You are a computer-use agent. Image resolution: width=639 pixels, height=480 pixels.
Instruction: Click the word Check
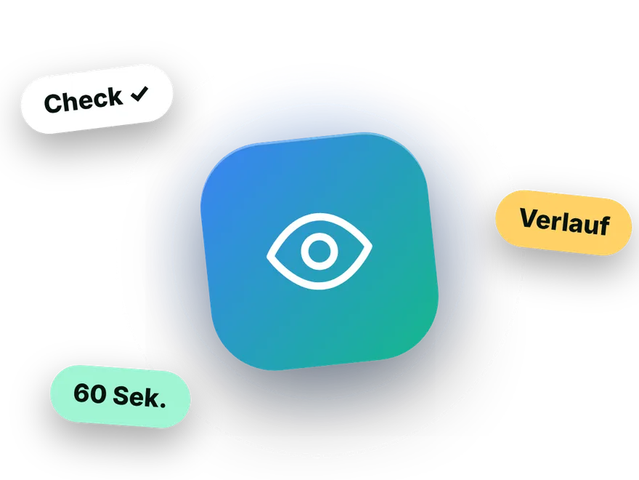pyautogui.click(x=84, y=100)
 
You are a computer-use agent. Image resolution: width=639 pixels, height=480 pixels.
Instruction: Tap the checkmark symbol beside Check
pyautogui.click(x=139, y=94)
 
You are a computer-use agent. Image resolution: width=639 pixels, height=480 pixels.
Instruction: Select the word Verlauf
pyautogui.click(x=565, y=222)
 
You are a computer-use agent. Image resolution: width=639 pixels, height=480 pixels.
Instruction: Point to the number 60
pyautogui.click(x=90, y=393)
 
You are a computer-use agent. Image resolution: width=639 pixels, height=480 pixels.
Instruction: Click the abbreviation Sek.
pyautogui.click(x=139, y=396)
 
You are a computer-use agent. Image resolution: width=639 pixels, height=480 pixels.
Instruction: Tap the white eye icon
pyautogui.click(x=319, y=251)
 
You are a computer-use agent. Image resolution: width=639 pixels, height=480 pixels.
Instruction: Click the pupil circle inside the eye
pyautogui.click(x=319, y=251)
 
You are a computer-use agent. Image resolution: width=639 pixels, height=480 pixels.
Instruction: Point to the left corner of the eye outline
pyautogui.click(x=267, y=256)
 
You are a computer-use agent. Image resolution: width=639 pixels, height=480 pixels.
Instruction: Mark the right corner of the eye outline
pyautogui.click(x=372, y=246)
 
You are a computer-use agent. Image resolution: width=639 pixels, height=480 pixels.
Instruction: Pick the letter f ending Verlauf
pyautogui.click(x=604, y=225)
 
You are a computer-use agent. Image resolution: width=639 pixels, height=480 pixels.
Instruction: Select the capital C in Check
pyautogui.click(x=54, y=103)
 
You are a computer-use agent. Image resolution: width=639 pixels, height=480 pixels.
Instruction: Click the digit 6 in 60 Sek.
pyautogui.click(x=81, y=393)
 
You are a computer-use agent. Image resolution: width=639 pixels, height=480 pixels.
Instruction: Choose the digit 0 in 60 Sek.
pyautogui.click(x=99, y=394)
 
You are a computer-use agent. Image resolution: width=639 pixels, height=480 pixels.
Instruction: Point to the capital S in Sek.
pyautogui.click(x=121, y=395)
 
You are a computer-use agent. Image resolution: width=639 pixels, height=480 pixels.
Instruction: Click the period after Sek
pyautogui.click(x=163, y=405)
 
